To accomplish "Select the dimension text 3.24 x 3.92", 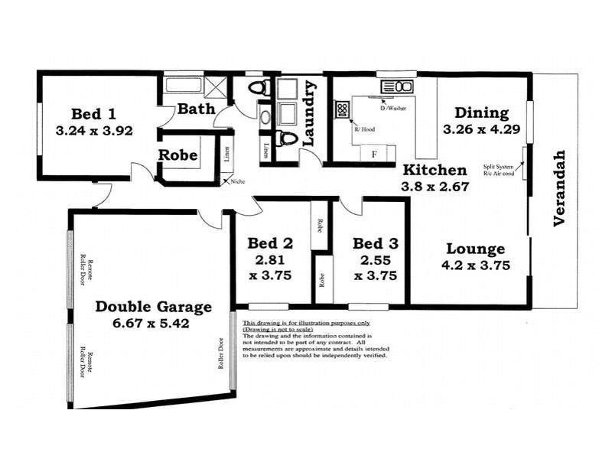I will point(95,131).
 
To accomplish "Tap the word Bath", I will point(197,109).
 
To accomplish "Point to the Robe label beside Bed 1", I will point(178,155).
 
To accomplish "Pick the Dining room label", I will point(482,113).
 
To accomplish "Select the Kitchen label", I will point(435,170).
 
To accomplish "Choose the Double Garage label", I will point(153,307).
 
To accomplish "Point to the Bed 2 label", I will point(270,244).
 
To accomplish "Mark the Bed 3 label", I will point(376,244).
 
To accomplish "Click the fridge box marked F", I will point(374,153).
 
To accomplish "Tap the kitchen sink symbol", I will point(397,86).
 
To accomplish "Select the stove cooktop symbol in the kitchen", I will point(342,110).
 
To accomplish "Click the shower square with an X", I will point(218,86).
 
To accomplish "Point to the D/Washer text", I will point(396,109).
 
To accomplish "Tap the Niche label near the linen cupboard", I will point(237,181).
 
